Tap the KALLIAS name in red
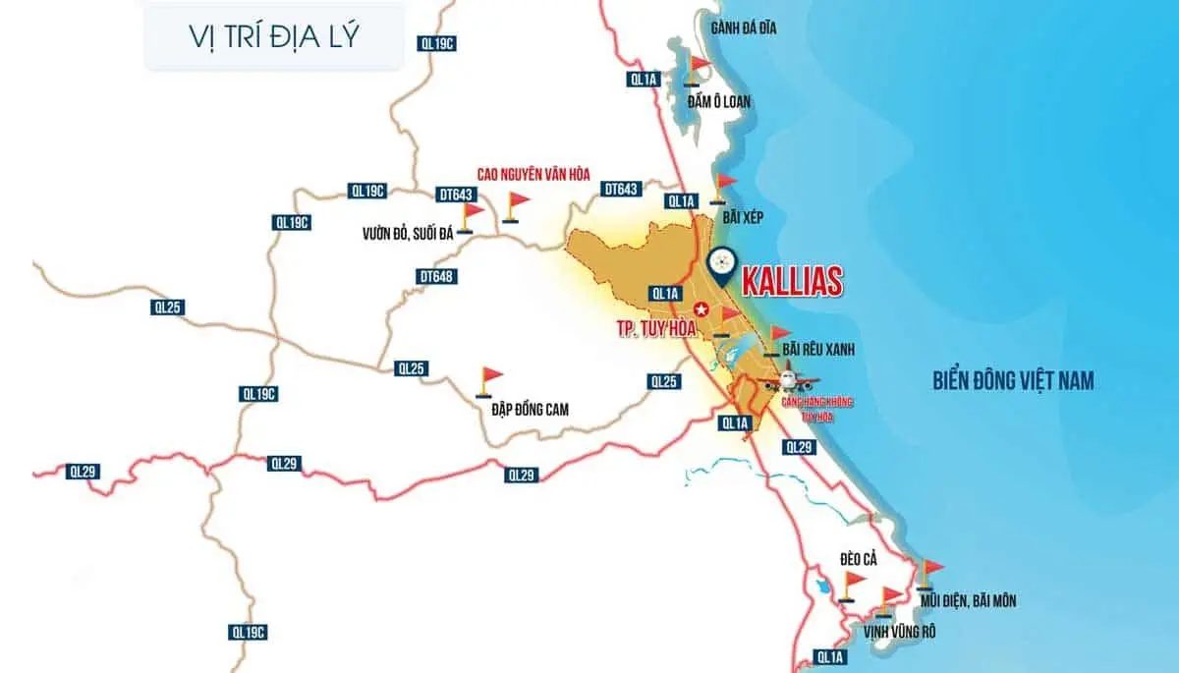click(792, 281)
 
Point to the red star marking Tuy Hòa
click(701, 308)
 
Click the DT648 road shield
click(436, 277)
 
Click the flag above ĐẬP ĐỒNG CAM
click(488, 378)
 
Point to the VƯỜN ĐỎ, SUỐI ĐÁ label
click(406, 235)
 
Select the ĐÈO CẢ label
click(858, 559)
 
